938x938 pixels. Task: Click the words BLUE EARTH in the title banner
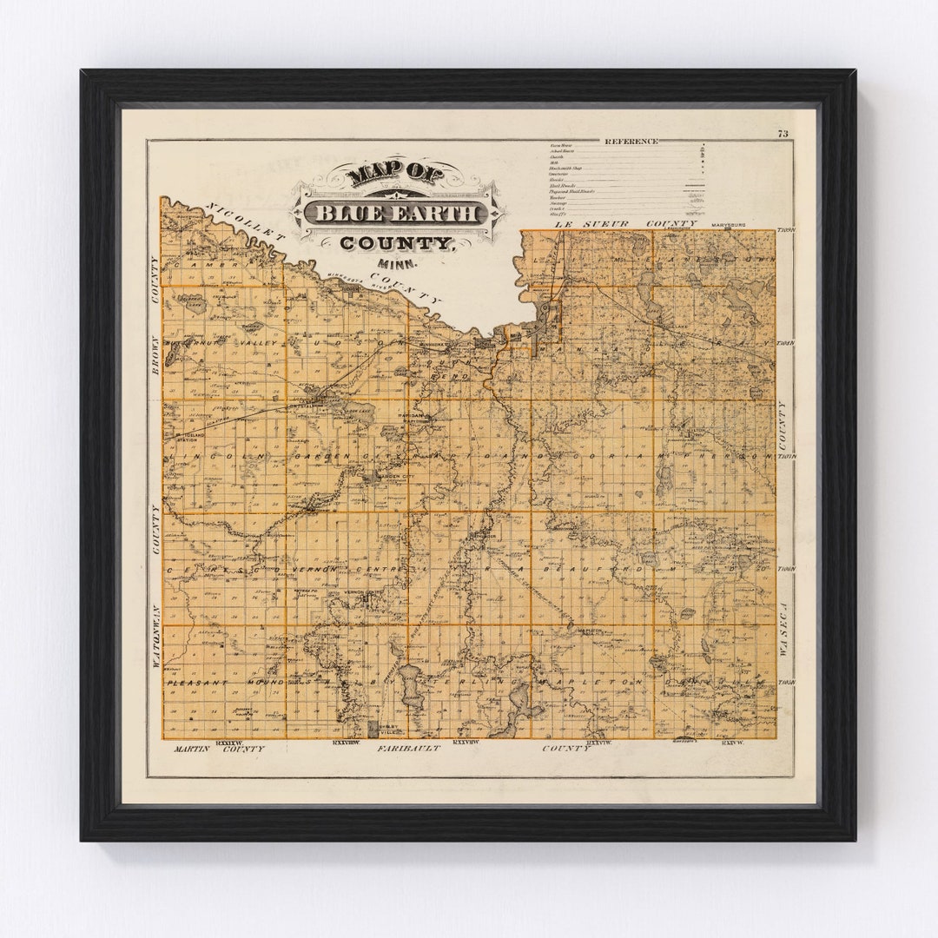(396, 214)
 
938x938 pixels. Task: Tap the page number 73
(783, 134)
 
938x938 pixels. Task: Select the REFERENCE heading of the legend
(631, 141)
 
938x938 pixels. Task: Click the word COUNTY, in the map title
(397, 244)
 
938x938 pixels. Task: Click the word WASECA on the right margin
(783, 631)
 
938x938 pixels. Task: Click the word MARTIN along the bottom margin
(191, 748)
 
